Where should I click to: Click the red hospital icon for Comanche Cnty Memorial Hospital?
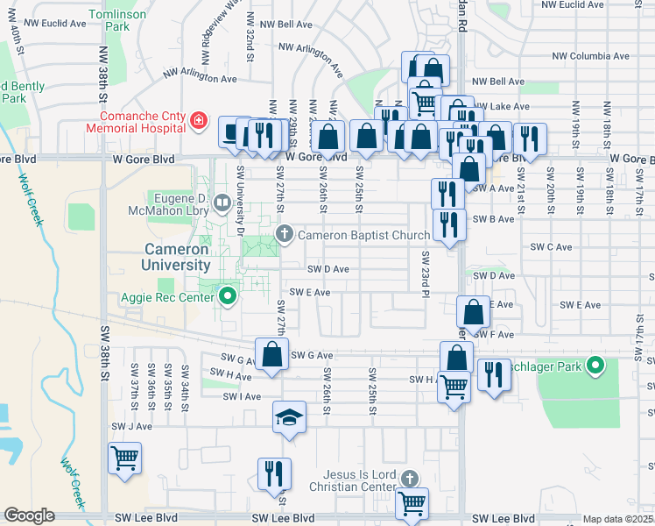199,119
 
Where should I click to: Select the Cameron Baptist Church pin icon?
284,234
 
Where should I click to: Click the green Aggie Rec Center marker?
229,296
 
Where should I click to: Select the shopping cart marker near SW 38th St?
124,457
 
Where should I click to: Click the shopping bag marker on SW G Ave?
271,354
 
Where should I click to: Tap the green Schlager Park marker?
595,364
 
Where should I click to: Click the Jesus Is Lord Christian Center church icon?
410,479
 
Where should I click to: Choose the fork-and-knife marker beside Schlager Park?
494,375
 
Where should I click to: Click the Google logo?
29,515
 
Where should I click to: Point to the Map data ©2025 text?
617,519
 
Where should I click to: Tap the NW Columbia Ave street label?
591,56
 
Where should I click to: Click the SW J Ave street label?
131,426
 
